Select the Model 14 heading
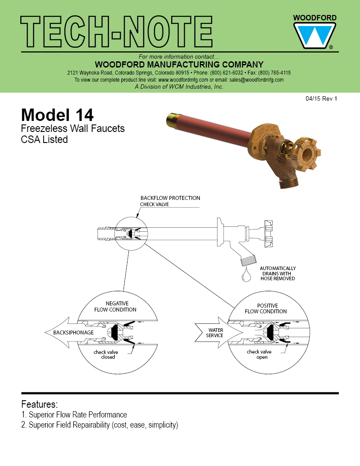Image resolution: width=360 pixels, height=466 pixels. click(57, 115)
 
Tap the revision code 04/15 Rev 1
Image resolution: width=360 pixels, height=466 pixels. click(321, 99)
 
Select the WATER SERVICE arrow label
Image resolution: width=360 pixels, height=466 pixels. click(215, 333)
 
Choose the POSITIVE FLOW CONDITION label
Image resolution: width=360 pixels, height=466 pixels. click(267, 308)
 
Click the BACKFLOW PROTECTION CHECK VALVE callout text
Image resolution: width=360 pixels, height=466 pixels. click(170, 201)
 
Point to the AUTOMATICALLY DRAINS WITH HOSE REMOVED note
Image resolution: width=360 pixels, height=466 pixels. click(277, 273)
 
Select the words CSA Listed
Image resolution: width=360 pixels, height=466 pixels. click(44, 139)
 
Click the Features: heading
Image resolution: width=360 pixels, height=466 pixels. click(39, 404)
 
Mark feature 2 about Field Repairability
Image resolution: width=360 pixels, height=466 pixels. click(100, 425)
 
